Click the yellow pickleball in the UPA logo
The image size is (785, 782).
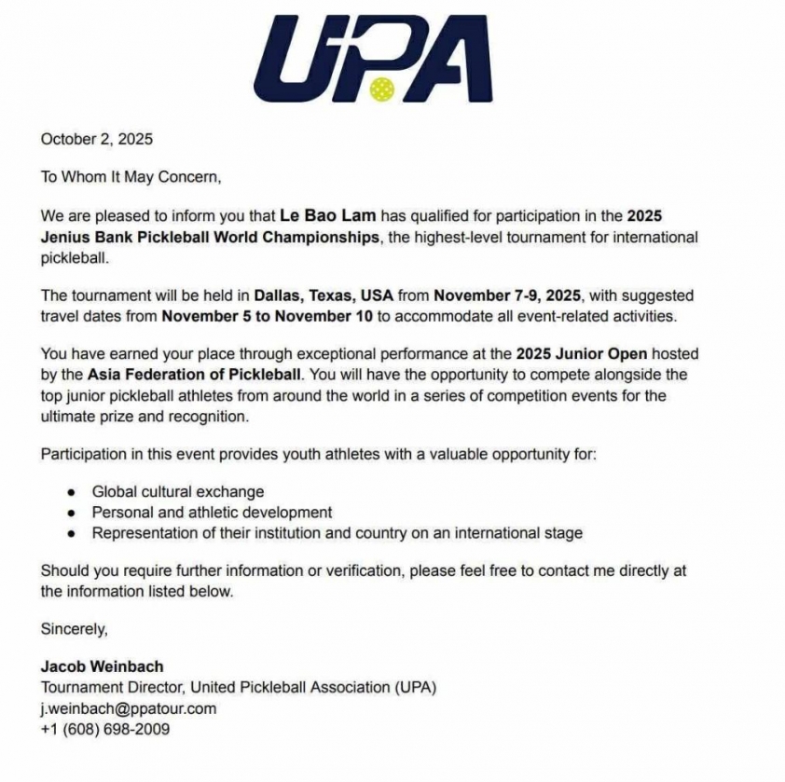[381, 89]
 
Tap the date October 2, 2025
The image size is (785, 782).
[96, 140]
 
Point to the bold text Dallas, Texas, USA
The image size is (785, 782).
[324, 295]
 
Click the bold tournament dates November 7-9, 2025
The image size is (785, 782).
[507, 295]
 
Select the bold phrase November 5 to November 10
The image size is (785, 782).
[268, 316]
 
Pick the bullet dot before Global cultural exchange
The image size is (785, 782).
[72, 492]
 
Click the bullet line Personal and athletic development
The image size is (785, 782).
[212, 513]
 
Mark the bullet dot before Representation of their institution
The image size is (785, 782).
[72, 534]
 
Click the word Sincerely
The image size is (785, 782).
[74, 629]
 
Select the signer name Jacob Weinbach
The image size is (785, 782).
[102, 666]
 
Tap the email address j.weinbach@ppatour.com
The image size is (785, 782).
[128, 708]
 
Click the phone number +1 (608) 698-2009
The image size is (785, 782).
[104, 729]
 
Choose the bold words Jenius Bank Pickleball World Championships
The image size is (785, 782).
[210, 237]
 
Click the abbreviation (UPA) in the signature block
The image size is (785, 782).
[416, 688]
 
